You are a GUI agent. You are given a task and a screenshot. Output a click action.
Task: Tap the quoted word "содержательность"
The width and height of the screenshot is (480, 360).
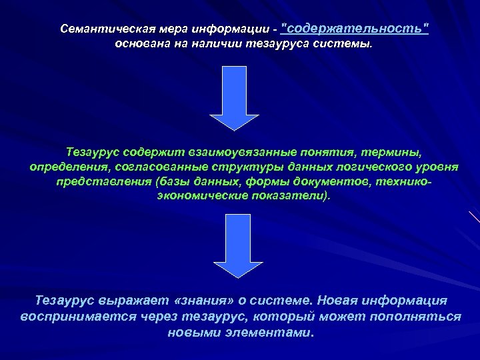(355, 29)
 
